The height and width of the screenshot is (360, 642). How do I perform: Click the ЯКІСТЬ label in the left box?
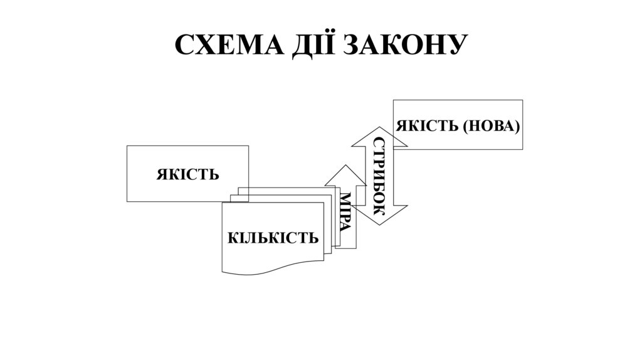[187, 174]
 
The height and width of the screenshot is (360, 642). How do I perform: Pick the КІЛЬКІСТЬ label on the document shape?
[273, 239]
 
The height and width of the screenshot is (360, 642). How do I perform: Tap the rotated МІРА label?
[345, 212]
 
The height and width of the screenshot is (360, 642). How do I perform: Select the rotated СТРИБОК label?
[379, 176]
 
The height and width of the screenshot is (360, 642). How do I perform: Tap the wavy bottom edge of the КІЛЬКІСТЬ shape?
[273, 271]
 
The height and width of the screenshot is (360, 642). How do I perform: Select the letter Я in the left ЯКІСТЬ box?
[162, 174]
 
